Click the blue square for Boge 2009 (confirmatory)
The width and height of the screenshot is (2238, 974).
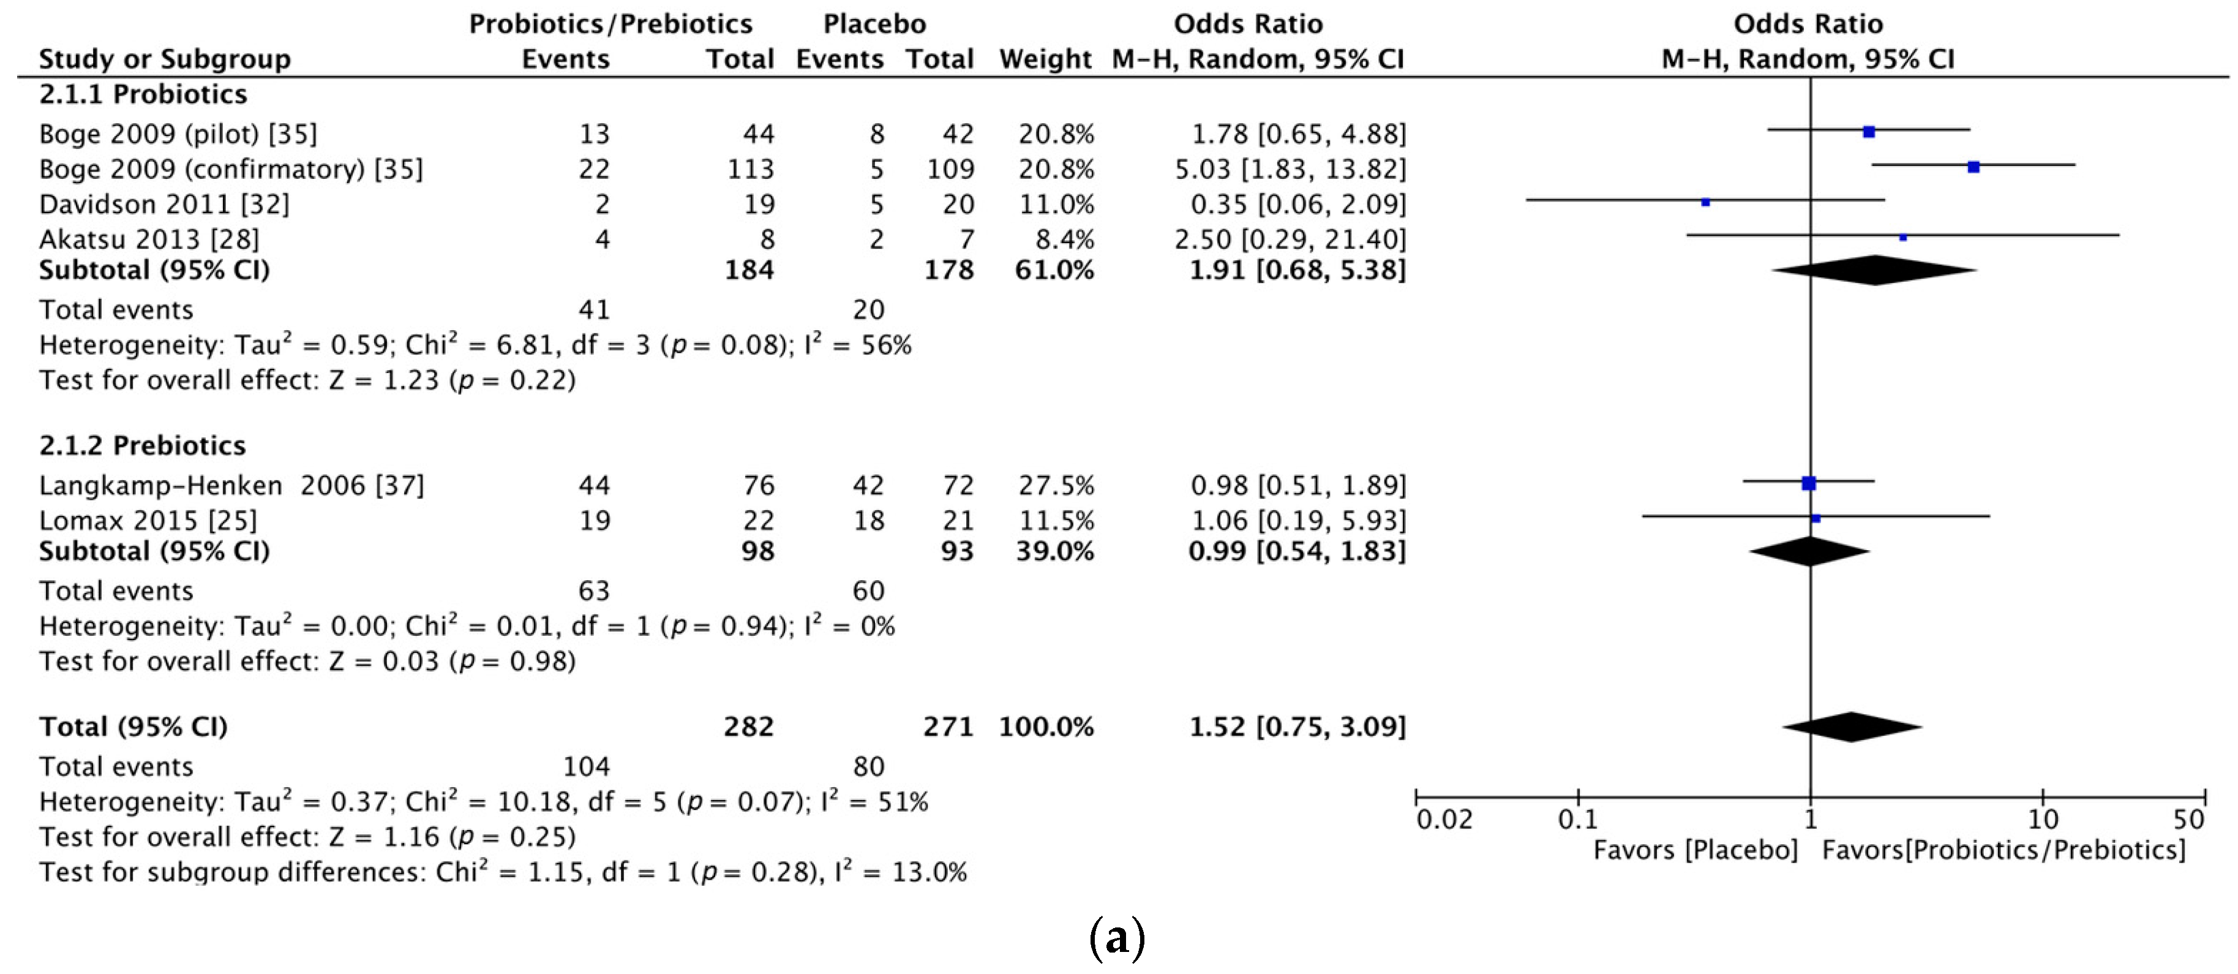click(1973, 167)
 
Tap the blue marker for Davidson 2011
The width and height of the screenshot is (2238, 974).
click(1705, 202)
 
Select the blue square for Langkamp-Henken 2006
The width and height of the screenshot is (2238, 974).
click(1809, 483)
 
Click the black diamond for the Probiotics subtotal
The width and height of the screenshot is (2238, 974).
click(1874, 270)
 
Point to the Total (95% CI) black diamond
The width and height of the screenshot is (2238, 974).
click(1852, 727)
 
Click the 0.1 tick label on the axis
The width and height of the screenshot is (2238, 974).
click(1578, 820)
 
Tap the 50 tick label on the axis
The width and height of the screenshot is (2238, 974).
click(2188, 820)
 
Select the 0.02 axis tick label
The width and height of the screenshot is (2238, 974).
click(1444, 820)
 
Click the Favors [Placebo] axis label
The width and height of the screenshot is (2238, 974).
click(1695, 850)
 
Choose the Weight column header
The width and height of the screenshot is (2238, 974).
click(1045, 59)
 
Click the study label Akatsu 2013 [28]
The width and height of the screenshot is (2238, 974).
click(149, 239)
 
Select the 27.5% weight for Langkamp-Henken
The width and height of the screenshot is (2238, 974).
click(1056, 485)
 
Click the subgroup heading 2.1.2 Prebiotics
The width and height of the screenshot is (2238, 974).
click(143, 446)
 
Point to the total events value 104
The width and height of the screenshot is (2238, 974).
click(587, 766)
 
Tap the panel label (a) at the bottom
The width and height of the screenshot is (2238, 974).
click(1116, 938)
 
